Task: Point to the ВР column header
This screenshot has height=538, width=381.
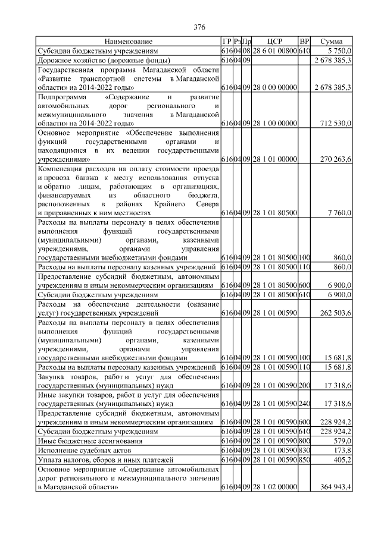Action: (304, 42)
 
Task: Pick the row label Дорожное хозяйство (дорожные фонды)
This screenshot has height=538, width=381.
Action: (105, 61)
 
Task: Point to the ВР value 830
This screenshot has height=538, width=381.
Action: (304, 452)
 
